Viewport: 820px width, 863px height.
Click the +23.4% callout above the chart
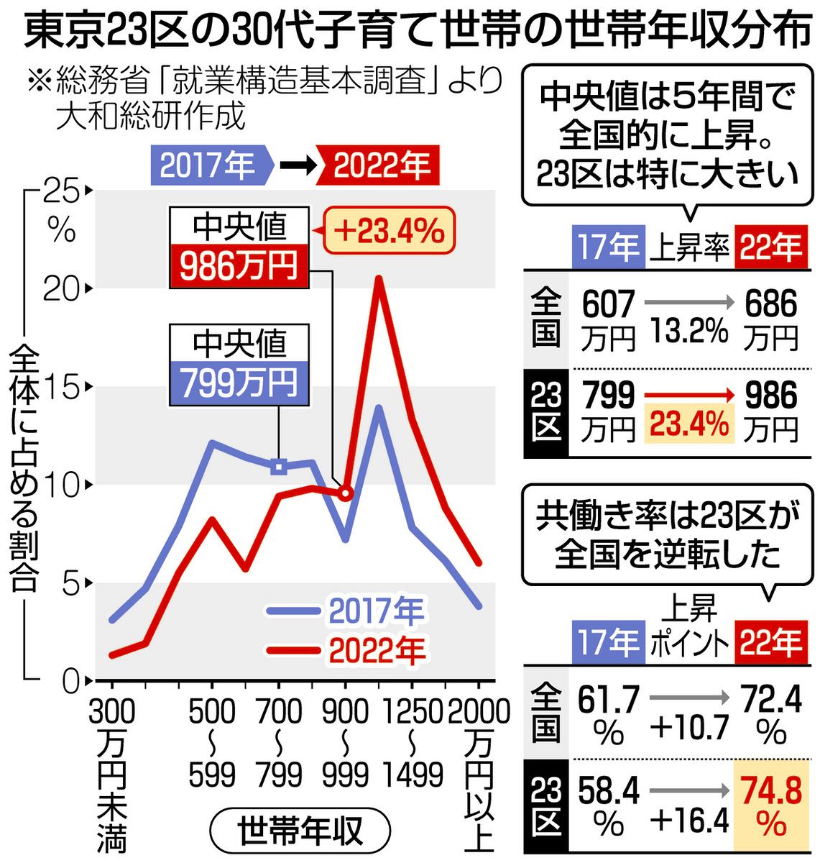pyautogui.click(x=389, y=232)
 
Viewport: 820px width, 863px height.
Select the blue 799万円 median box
pyautogui.click(x=239, y=383)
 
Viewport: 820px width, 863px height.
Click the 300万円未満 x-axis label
pyautogui.click(x=111, y=773)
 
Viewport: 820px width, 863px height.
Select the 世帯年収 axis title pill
pyautogui.click(x=301, y=832)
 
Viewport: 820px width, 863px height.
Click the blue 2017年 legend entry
pyautogui.click(x=346, y=612)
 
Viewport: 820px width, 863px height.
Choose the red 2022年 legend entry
pyautogui.click(x=346, y=651)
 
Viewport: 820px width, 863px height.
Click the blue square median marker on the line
pyautogui.click(x=280, y=467)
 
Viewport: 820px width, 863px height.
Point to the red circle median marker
pyautogui.click(x=346, y=493)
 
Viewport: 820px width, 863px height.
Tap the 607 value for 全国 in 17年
pyautogui.click(x=609, y=305)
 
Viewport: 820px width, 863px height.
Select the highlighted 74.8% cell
pyautogui.click(x=771, y=807)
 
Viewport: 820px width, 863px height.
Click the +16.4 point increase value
pyautogui.click(x=689, y=820)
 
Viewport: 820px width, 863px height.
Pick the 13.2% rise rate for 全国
pyautogui.click(x=689, y=332)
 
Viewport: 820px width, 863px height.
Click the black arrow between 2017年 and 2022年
pyautogui.click(x=297, y=165)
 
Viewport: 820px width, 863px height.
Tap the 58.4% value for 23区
pyautogui.click(x=609, y=807)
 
